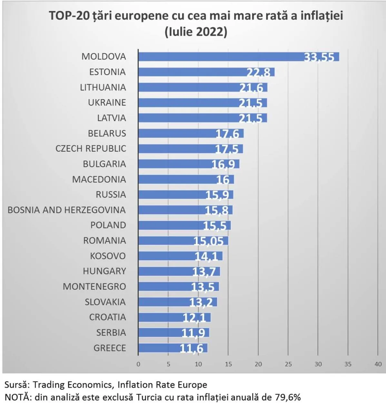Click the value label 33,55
319,57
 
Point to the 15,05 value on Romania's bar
208,241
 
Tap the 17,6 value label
227,134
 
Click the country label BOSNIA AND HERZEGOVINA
67,210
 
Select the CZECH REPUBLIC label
91,149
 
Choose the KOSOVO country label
108,256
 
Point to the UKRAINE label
107,103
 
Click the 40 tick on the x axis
378,364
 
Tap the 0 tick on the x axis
138,364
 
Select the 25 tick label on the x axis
288,364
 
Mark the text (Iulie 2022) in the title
196,32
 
